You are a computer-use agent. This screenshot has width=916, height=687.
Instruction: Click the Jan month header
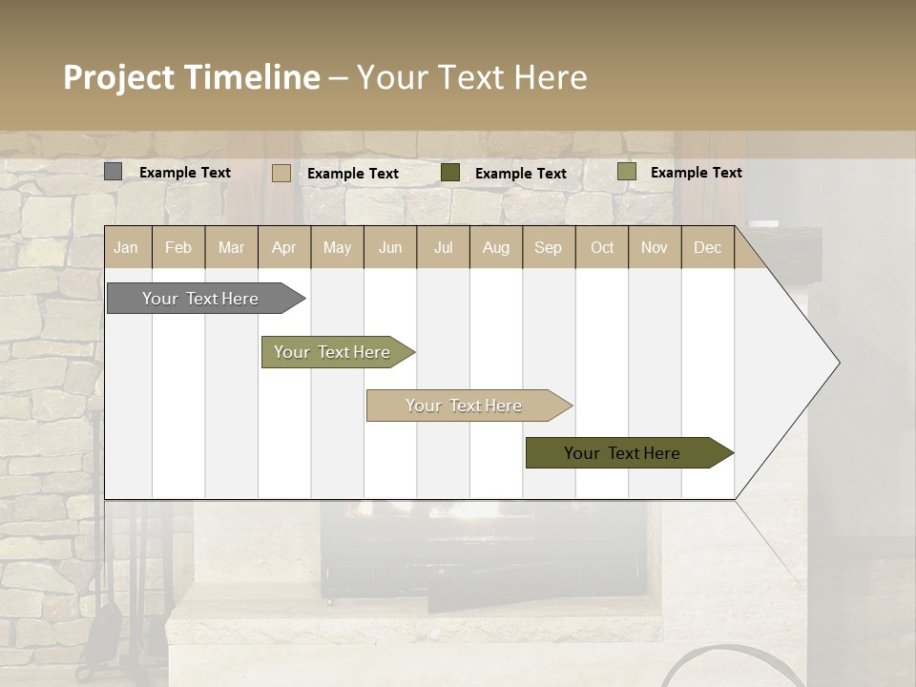coord(127,248)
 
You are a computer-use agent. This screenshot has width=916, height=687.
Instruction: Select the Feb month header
coord(178,248)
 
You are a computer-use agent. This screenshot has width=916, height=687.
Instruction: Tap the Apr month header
coord(284,248)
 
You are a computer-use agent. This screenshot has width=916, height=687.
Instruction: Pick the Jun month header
coord(390,248)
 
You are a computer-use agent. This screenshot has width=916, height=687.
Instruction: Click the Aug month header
coord(496,248)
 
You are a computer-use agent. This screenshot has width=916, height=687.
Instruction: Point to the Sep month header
coord(549,248)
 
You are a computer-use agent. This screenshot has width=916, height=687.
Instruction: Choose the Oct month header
coord(602,248)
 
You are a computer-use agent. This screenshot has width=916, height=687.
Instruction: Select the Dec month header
coord(708,248)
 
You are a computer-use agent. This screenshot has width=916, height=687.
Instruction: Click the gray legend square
coord(113,172)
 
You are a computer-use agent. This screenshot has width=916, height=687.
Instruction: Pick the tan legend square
coord(281,173)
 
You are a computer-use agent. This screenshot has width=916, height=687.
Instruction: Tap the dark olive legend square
coord(450,173)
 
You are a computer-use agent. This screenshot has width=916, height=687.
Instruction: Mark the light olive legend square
coord(626,172)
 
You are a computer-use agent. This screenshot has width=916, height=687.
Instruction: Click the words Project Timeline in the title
coord(191,77)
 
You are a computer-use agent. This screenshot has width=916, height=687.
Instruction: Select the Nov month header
coord(655,248)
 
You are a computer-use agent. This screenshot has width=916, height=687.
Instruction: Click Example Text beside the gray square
coord(185,173)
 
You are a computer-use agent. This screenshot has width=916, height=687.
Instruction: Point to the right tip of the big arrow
coord(837,363)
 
